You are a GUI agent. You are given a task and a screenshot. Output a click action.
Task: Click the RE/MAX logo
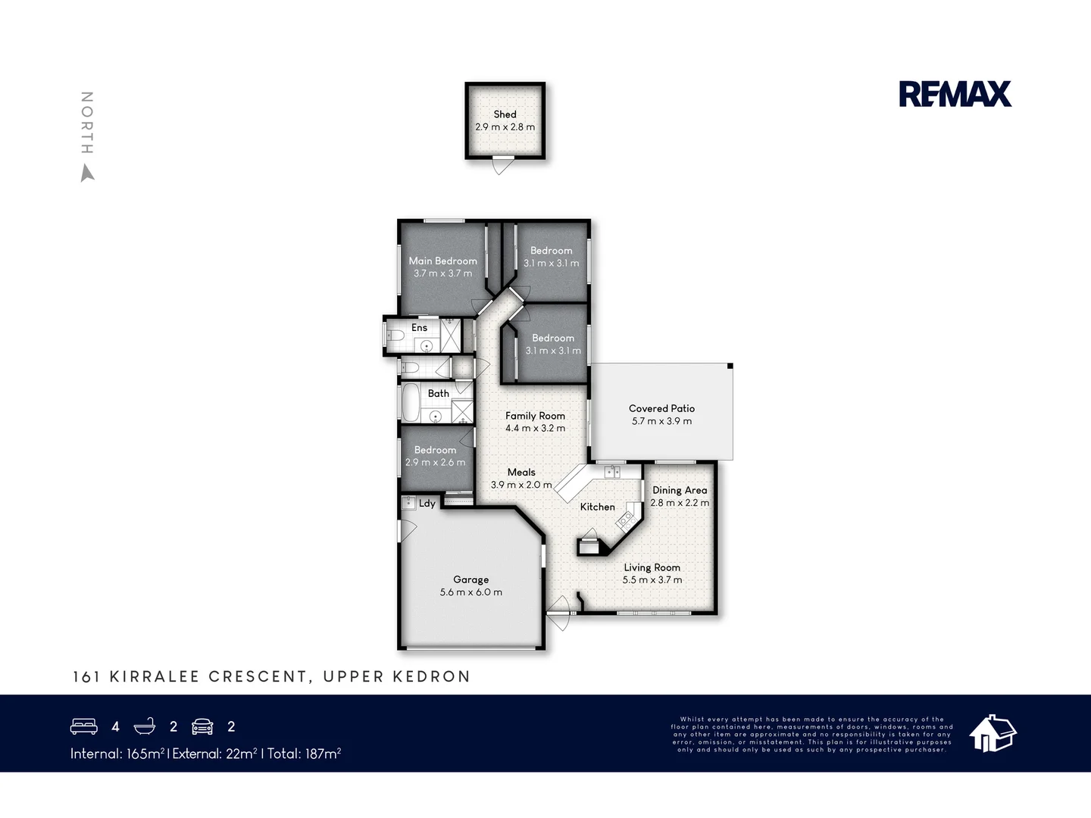(955, 94)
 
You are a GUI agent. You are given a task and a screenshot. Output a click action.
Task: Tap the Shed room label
(505, 114)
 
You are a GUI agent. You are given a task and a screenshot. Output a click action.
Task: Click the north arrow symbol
(88, 173)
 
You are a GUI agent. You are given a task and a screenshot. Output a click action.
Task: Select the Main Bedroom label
(442, 261)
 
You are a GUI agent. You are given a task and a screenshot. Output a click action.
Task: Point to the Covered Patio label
(661, 408)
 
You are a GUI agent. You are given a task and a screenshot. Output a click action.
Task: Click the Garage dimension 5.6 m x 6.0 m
(470, 592)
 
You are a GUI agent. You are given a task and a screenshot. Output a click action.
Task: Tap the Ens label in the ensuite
(419, 328)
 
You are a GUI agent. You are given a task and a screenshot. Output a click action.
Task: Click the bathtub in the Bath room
(411, 403)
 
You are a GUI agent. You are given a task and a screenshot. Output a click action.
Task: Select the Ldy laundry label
(427, 504)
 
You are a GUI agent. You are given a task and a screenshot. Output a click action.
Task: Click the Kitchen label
(597, 507)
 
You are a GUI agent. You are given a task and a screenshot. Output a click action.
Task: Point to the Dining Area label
(680, 490)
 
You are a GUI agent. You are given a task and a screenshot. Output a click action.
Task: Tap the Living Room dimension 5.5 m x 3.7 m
(652, 580)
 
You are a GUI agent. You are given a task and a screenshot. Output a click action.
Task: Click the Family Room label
(535, 416)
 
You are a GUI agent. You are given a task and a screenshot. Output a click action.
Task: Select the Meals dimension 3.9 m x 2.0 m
(520, 485)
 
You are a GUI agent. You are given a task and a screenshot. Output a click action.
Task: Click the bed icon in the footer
(83, 726)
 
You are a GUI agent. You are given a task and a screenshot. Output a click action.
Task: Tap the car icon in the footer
(202, 726)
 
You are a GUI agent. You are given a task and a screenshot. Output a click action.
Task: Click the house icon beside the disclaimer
(993, 733)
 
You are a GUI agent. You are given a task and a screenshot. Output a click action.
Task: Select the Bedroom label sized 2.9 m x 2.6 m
(435, 450)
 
